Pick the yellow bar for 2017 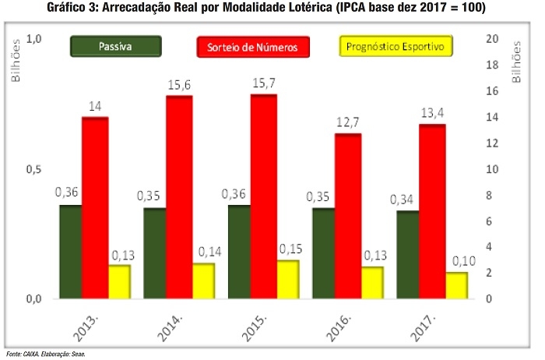456,285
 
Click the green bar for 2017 406,254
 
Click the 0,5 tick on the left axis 33,169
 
